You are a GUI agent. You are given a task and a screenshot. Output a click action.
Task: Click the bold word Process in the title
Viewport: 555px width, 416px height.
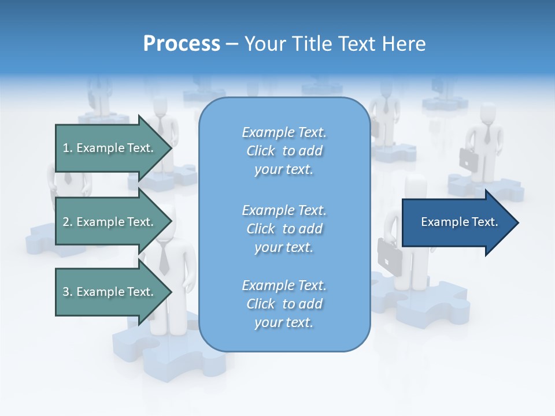coord(182,44)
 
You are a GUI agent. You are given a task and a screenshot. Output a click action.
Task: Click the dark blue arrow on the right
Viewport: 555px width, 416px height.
coord(457,222)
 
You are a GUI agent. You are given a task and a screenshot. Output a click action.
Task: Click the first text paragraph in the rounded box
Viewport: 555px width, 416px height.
coord(284,151)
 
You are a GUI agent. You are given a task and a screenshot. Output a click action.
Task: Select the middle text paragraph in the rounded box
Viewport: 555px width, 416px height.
coord(284,229)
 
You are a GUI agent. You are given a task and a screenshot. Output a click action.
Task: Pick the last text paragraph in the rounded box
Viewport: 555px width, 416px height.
coord(284,304)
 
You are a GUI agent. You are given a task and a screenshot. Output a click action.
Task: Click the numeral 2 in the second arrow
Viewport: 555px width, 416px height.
coord(66,222)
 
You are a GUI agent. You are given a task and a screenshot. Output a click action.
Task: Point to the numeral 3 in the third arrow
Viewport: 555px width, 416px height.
coord(66,292)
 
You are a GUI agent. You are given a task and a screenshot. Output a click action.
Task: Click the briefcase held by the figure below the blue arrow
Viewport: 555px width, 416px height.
coord(388,254)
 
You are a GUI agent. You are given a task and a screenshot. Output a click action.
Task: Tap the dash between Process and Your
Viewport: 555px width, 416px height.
coord(232,44)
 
